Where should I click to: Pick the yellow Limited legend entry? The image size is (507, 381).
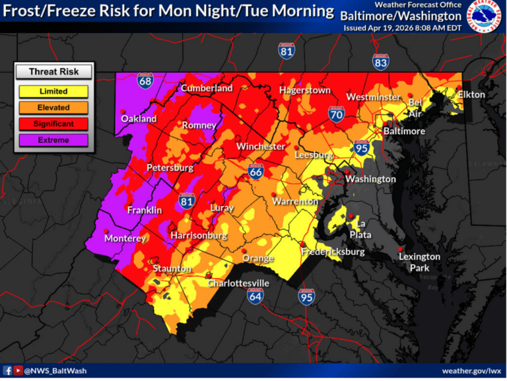(x=53, y=92)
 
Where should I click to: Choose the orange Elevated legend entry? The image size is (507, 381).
(x=53, y=108)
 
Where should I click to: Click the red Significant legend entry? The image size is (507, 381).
(x=53, y=123)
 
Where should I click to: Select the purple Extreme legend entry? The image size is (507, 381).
(x=53, y=140)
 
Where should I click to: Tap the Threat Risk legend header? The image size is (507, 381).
(x=53, y=72)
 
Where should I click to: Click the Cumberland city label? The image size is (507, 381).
(x=207, y=88)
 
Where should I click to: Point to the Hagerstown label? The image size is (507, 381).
(x=304, y=90)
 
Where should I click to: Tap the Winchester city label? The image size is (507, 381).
(x=261, y=146)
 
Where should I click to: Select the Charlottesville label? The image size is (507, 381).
(x=238, y=283)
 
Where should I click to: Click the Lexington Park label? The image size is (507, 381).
(x=419, y=262)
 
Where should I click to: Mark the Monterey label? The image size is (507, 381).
(x=125, y=238)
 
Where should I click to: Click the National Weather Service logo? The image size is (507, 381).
(x=485, y=17)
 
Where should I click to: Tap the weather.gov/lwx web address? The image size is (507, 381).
(x=470, y=371)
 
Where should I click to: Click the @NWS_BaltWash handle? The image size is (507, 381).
(x=55, y=371)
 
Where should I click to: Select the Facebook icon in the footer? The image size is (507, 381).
(x=7, y=371)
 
